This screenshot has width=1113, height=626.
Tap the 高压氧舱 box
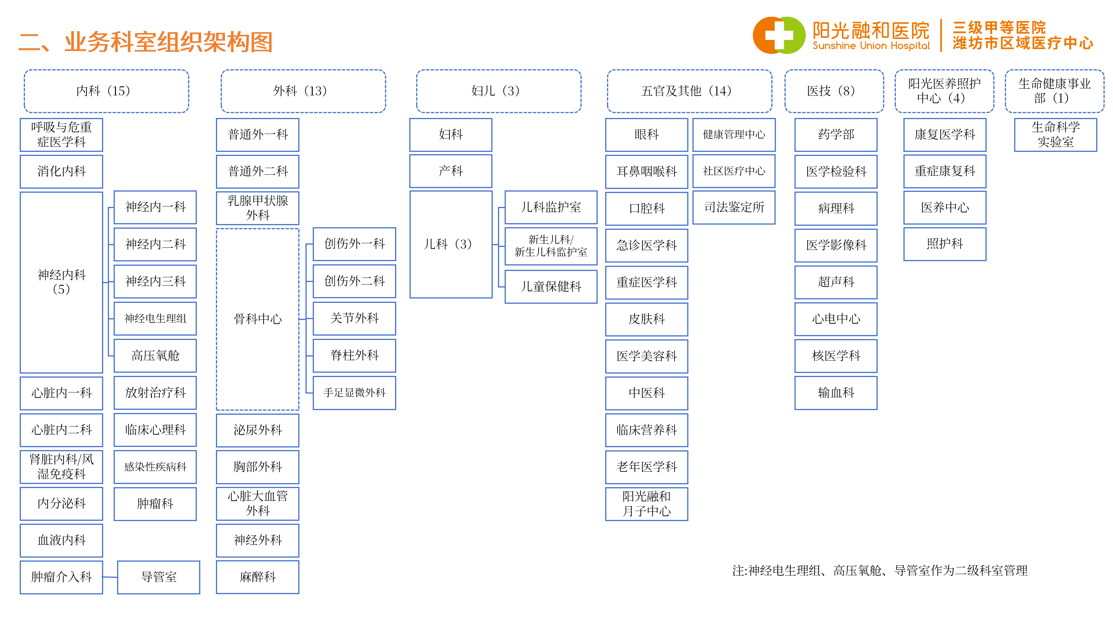[x=155, y=356]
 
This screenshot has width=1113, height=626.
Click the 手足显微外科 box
[x=354, y=393]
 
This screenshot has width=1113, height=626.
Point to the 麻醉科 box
[x=257, y=577]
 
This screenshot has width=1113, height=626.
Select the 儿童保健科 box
[x=551, y=286]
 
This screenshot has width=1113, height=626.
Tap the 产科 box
[x=451, y=171]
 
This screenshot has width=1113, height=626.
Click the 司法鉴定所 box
[x=734, y=208]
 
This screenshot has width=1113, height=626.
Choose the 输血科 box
[x=836, y=393]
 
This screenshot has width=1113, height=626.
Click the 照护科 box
[x=945, y=244]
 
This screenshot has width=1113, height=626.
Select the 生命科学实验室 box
[x=1056, y=135]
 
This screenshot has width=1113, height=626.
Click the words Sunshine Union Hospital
[x=871, y=46]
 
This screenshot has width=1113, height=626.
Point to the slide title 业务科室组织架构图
[x=168, y=42]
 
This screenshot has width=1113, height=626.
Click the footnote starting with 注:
[x=880, y=571]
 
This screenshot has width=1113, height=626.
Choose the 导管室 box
[x=159, y=577]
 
